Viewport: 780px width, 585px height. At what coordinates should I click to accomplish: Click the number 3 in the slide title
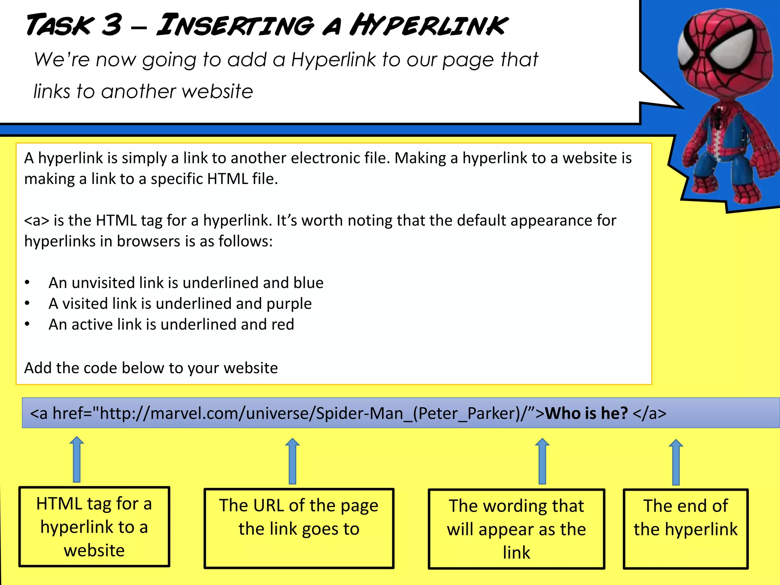coord(112,25)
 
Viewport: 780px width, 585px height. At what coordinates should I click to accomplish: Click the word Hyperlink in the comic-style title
coord(428,25)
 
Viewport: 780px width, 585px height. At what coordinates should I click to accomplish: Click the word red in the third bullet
coord(283,324)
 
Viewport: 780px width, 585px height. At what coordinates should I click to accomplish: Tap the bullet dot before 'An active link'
coord(27,324)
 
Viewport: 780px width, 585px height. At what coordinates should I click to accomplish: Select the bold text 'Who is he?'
coord(586,414)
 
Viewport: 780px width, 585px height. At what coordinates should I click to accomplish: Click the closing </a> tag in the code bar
coord(649,414)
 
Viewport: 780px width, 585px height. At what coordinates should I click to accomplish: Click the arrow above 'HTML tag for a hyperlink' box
coord(77,459)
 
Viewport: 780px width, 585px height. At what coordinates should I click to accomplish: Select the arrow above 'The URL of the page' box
coord(292,461)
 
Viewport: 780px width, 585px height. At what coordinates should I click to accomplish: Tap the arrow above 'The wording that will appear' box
coord(542,461)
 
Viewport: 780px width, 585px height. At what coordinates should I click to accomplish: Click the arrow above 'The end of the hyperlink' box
coord(676,462)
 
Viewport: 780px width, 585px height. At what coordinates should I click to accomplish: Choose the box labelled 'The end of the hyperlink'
coord(686,529)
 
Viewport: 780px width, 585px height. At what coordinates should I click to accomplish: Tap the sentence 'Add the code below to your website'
coord(151,368)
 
